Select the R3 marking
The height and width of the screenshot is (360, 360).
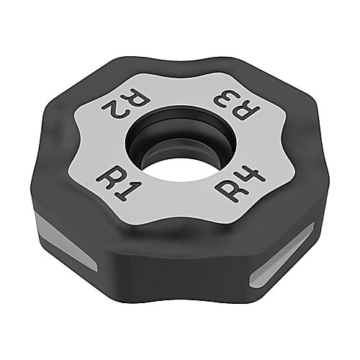pos(236,106)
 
